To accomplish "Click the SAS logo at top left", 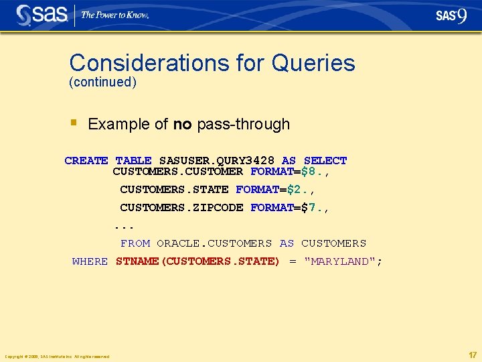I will [42, 15].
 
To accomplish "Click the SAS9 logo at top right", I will [451, 15].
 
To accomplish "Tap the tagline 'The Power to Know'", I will [114, 15].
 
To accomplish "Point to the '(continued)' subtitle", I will [102, 82].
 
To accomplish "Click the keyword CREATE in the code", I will [86, 161].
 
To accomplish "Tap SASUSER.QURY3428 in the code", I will [217, 161].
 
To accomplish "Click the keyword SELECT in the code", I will [325, 161].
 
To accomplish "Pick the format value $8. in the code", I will [315, 172].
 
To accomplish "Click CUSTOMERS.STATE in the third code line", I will [174, 190].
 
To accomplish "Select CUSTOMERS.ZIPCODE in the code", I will [181, 208].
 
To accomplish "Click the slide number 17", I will [473, 355].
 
